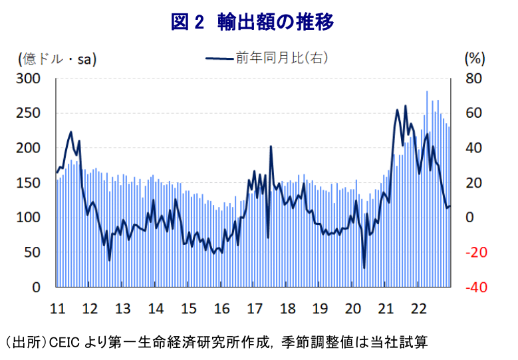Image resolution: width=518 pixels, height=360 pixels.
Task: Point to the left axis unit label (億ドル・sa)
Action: click(x=57, y=59)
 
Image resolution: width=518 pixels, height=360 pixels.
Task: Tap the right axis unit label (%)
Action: click(x=473, y=59)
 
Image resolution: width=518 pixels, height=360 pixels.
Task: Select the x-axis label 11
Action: click(x=57, y=308)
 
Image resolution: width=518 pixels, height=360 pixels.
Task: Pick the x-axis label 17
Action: click(x=255, y=308)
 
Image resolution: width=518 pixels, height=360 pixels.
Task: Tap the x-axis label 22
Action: click(x=419, y=308)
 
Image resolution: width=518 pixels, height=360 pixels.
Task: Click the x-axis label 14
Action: click(x=156, y=308)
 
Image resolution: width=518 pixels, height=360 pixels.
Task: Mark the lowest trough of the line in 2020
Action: click(x=364, y=268)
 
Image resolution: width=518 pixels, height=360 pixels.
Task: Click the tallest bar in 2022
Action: click(x=427, y=92)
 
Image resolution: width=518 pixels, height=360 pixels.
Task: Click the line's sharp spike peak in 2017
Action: click(x=271, y=146)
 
